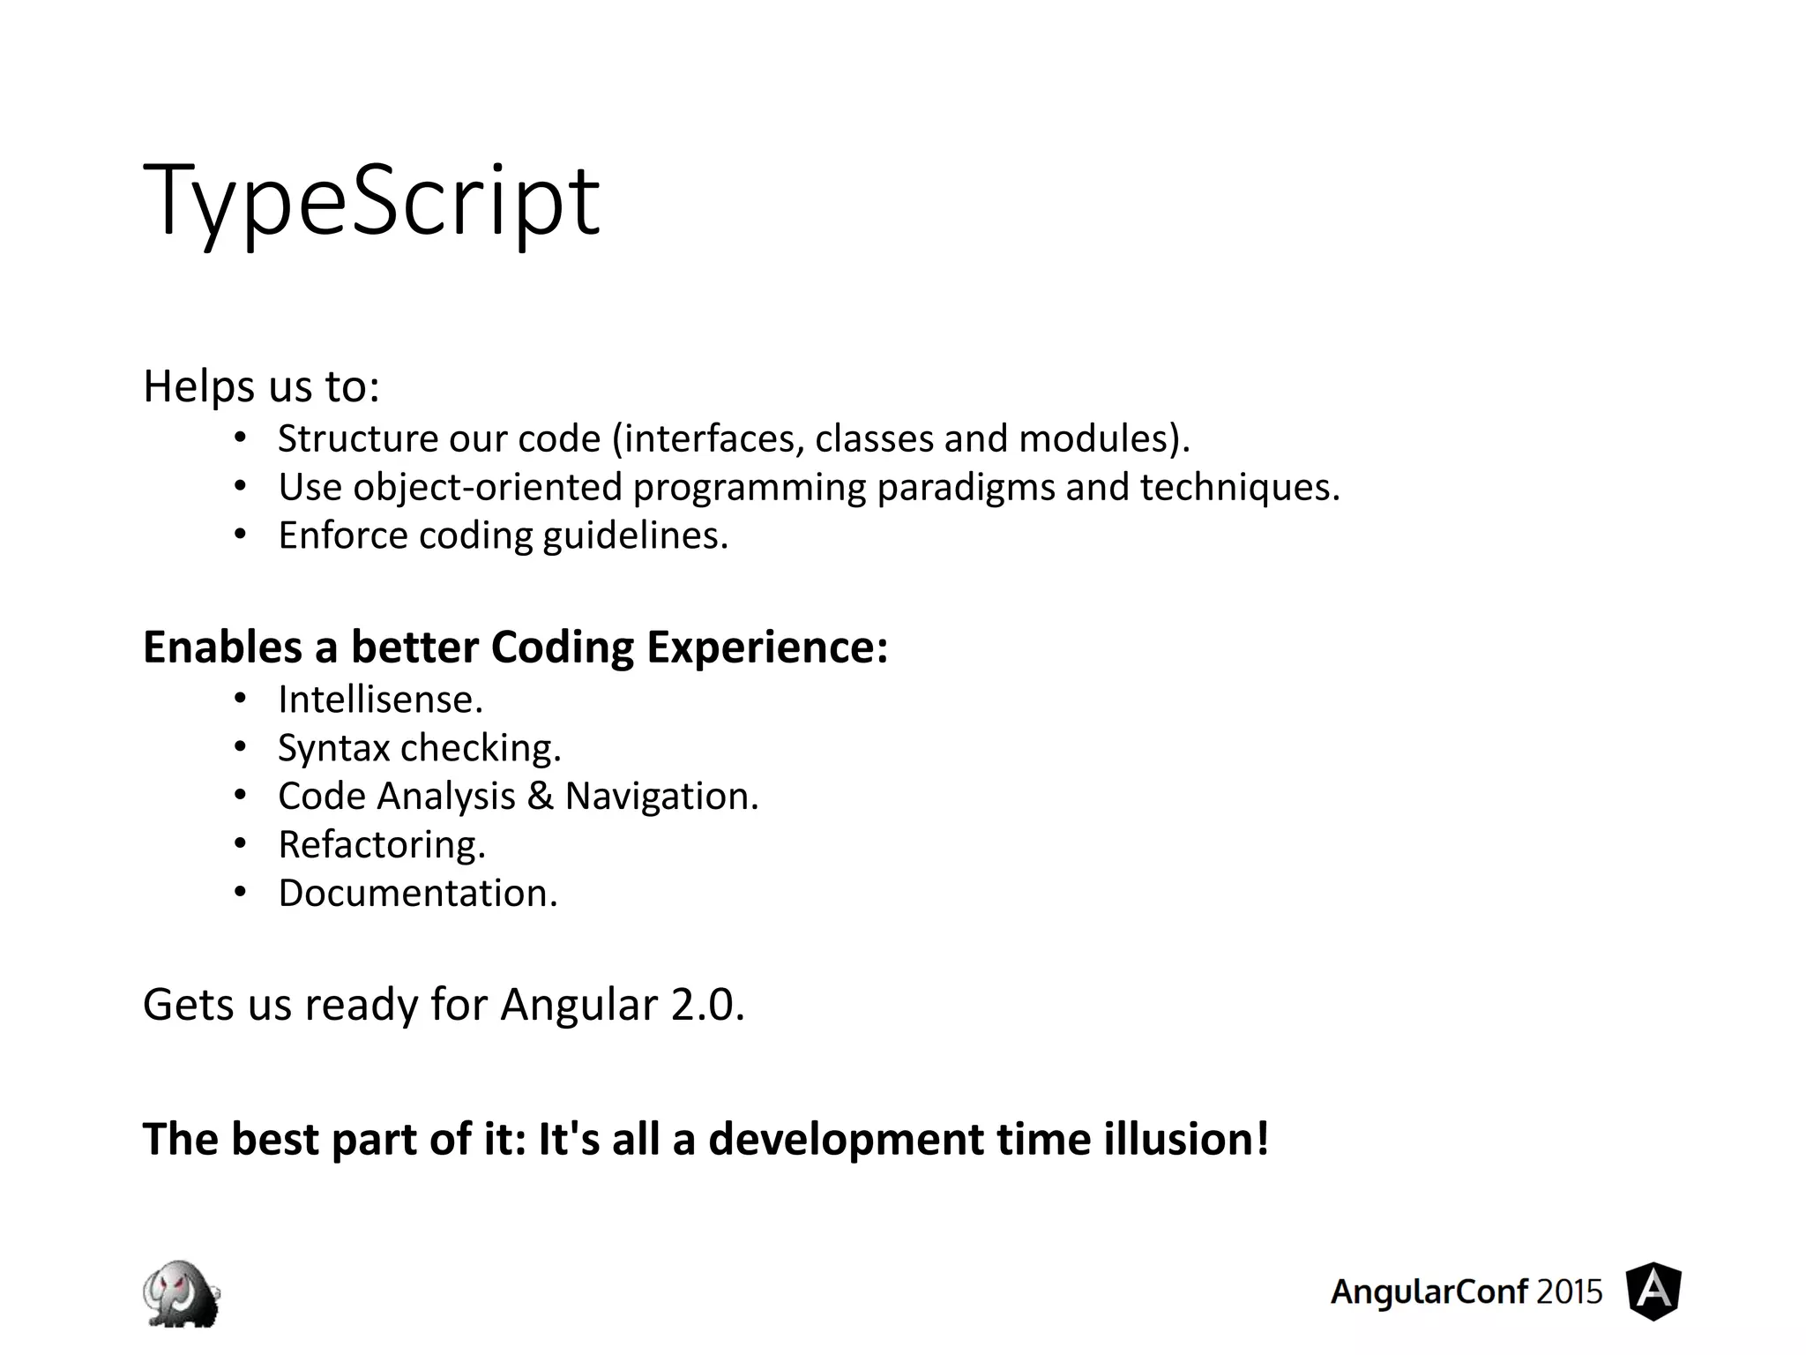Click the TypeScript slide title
[370, 201]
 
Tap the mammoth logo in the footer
[182, 1292]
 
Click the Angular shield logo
[1653, 1291]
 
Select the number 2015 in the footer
[1569, 1291]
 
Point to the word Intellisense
[380, 700]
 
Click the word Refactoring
[382, 845]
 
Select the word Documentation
[418, 894]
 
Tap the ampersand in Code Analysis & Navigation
[540, 797]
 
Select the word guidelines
[635, 535]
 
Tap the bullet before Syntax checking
[241, 748]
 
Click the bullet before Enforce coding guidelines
[241, 535]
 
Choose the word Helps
[198, 386]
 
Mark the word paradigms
[966, 488]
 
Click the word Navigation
[660, 797]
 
